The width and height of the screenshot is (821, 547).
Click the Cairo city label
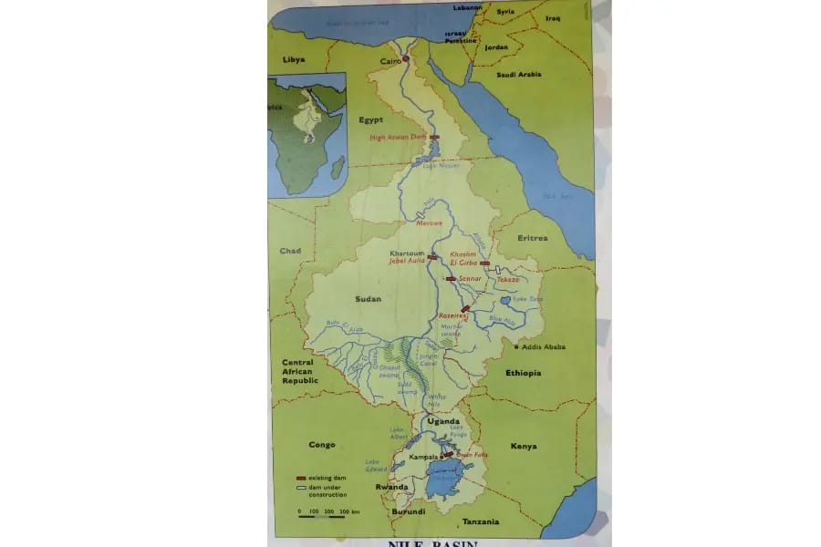pos(390,61)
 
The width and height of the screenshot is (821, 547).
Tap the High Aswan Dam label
pos(398,138)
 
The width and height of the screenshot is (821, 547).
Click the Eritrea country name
pos(530,238)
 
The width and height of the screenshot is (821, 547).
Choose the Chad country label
pos(290,251)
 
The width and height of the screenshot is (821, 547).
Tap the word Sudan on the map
pos(368,298)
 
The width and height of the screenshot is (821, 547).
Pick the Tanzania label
pos(480,521)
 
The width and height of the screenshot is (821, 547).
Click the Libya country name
pos(293,59)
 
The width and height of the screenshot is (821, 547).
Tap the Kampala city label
pos(424,457)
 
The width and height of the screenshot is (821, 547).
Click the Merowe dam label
pos(429,222)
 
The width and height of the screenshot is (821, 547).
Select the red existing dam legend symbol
pos(302,478)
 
